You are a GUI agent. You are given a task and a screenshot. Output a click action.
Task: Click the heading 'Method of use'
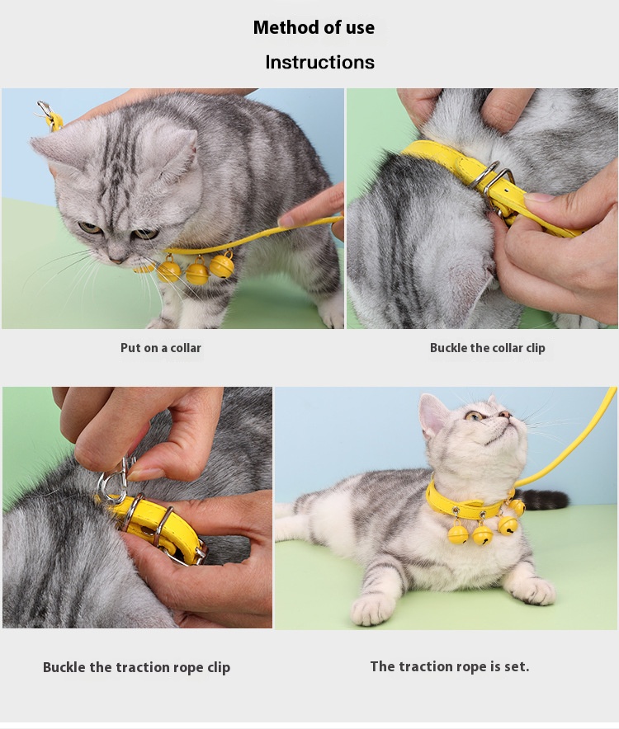(x=314, y=27)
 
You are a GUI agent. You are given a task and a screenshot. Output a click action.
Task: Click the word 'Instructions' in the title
(x=319, y=63)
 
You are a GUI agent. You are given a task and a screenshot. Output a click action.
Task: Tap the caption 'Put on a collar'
(x=161, y=348)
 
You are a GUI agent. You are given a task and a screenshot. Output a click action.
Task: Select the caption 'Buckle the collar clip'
(x=487, y=348)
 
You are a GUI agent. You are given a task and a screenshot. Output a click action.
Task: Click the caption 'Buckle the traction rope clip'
(x=136, y=668)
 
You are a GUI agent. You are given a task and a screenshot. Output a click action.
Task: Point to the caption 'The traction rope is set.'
(x=450, y=666)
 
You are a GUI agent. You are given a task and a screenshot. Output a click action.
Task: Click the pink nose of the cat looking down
(x=115, y=259)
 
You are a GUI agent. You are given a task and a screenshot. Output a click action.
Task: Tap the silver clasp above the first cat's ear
(x=45, y=109)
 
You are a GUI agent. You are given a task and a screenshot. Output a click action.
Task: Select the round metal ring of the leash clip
(x=111, y=488)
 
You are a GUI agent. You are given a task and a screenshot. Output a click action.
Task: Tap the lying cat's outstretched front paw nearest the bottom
(x=372, y=610)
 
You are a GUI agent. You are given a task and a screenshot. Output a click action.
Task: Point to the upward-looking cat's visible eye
(x=475, y=416)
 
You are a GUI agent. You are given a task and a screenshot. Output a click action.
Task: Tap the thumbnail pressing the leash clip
(x=141, y=474)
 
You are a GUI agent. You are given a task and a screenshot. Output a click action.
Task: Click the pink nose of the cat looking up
(x=504, y=414)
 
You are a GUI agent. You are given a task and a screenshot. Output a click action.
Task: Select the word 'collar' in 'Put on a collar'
(x=185, y=348)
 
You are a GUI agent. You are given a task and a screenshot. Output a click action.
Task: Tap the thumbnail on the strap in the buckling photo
(x=541, y=198)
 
